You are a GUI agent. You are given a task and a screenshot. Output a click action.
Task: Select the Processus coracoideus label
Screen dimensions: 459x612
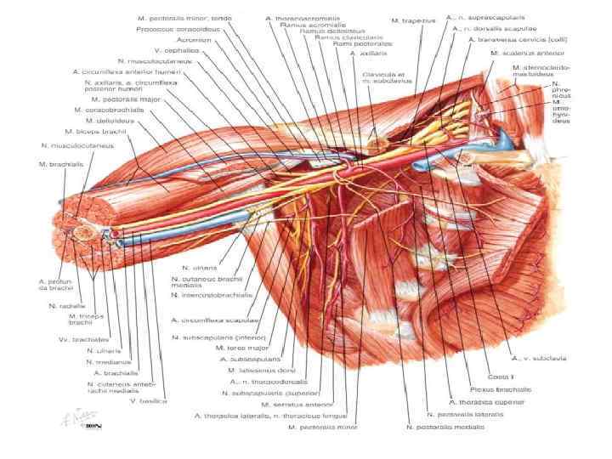coord(175,29)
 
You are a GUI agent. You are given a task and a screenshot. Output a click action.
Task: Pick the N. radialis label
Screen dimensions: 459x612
coord(64,305)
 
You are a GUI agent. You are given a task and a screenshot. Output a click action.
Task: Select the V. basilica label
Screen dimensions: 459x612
coord(147,400)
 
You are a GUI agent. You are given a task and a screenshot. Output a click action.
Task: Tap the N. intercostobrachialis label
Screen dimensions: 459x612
coord(212,295)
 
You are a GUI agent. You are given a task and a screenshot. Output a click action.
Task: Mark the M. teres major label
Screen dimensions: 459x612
coord(241,348)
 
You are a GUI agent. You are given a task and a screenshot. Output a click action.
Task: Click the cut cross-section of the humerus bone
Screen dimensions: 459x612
coord(82,229)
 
